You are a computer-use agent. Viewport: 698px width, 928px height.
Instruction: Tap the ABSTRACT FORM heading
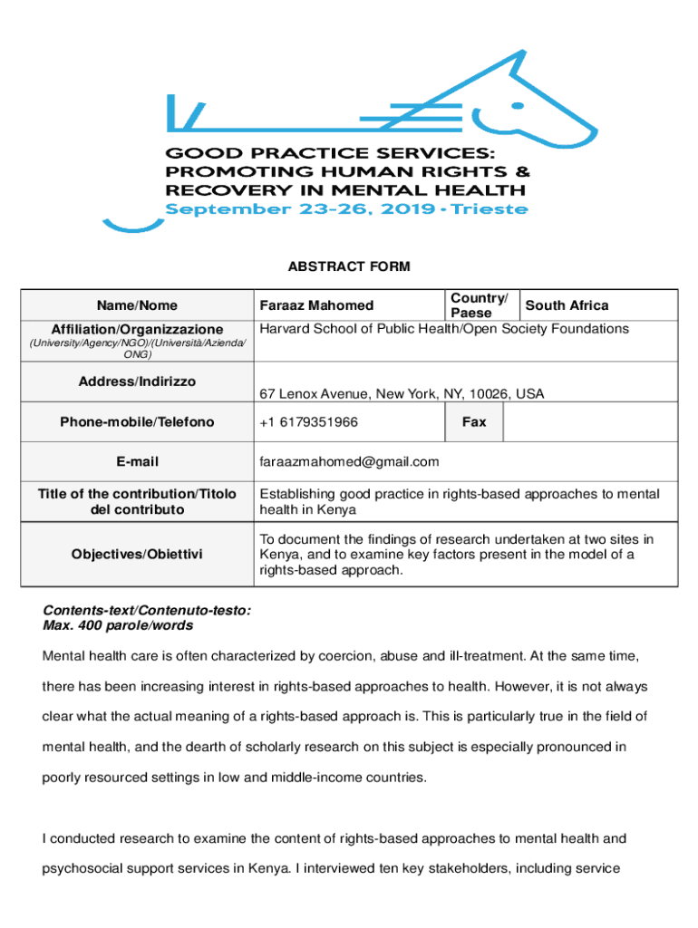(349, 266)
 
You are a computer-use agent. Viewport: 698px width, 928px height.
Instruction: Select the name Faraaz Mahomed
(316, 306)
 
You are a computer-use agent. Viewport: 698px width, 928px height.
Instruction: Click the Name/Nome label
(138, 306)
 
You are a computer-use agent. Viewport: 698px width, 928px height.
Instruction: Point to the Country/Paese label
(479, 305)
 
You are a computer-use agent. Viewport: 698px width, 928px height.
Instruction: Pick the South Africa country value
(567, 306)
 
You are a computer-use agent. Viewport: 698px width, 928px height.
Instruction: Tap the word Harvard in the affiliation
(286, 328)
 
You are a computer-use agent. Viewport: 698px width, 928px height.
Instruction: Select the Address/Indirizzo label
(138, 382)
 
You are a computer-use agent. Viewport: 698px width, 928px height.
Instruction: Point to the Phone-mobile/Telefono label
(138, 422)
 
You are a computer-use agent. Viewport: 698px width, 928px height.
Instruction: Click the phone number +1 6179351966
(308, 422)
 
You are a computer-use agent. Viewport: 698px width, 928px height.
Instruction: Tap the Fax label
(474, 422)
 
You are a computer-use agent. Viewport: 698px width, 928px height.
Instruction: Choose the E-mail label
(138, 462)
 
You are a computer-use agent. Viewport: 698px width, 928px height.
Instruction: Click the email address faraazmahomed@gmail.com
(349, 462)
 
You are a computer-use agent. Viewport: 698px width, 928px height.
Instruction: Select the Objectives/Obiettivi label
(138, 554)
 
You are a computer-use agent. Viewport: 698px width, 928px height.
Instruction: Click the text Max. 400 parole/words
(118, 625)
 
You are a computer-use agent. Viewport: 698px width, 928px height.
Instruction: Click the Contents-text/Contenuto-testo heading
(147, 612)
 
